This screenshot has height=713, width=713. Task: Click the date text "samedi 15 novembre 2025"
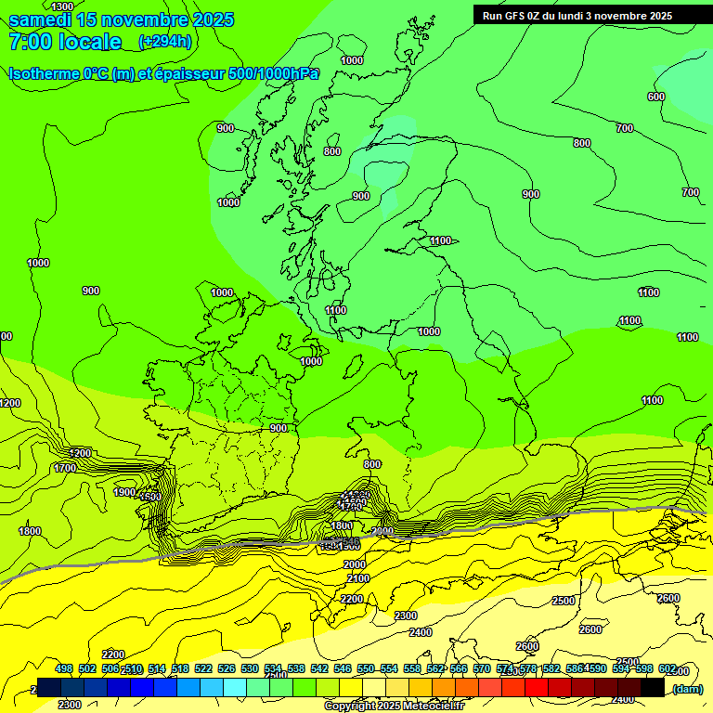pyautogui.click(x=121, y=19)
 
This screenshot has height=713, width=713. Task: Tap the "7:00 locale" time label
pyautogui.click(x=65, y=42)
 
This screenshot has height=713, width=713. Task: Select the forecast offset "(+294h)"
pyautogui.click(x=165, y=41)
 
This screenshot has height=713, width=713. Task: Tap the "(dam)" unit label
pyautogui.click(x=687, y=688)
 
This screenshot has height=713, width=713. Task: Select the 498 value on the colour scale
pyautogui.click(x=64, y=669)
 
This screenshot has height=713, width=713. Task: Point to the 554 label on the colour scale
pyautogui.click(x=389, y=669)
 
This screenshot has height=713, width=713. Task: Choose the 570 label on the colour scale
pyautogui.click(x=482, y=669)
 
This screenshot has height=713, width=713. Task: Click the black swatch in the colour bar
pyautogui.click(x=653, y=687)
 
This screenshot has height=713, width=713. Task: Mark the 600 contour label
pyautogui.click(x=656, y=97)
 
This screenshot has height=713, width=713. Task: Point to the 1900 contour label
pyautogui.click(x=124, y=492)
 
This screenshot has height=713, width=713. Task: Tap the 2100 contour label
pyautogui.click(x=357, y=578)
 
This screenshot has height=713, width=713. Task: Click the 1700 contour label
pyautogui.click(x=65, y=468)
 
